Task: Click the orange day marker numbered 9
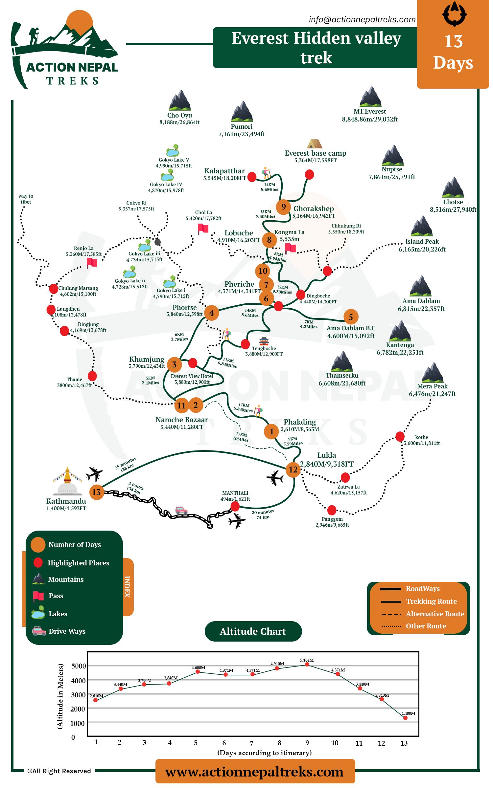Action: point(283,207)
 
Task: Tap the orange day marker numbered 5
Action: point(351,317)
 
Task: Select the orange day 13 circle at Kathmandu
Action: point(97,492)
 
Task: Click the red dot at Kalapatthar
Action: point(252,177)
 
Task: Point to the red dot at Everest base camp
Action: point(309,174)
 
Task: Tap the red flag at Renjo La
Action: point(92,263)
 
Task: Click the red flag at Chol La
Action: point(203,229)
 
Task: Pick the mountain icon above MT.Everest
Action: point(370,96)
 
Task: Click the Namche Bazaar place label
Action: point(181,420)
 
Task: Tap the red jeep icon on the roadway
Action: point(181,510)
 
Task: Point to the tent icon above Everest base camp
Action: point(315,144)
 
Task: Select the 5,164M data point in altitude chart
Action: point(307,664)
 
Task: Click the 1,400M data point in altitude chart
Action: point(405,718)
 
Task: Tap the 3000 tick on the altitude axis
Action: point(78,695)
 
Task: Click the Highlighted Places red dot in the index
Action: point(38,562)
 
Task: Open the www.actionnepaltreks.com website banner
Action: point(255,771)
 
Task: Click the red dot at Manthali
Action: point(235,506)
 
